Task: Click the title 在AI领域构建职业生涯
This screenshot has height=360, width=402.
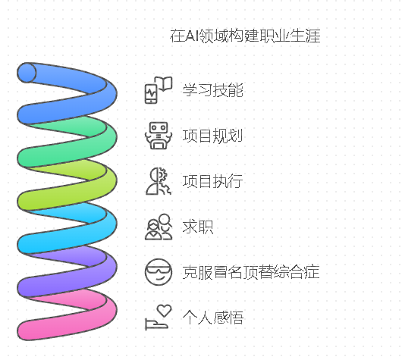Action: (x=245, y=36)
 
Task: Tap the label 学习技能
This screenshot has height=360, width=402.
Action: (x=213, y=90)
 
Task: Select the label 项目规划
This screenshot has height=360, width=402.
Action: (x=212, y=136)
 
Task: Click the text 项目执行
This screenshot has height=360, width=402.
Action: (x=212, y=181)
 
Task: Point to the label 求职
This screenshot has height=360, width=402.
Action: (x=198, y=227)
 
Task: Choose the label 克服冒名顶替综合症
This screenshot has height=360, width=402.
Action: (x=251, y=272)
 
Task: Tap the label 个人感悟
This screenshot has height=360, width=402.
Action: (x=213, y=318)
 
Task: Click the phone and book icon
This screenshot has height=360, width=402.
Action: (x=159, y=90)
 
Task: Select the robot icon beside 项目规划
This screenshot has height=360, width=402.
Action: (x=159, y=136)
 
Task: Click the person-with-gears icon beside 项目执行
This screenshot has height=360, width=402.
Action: (x=159, y=181)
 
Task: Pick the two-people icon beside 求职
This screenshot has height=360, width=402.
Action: (x=159, y=227)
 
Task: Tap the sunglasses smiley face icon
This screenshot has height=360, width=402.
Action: (x=159, y=272)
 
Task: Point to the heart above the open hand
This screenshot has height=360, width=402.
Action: (x=164, y=310)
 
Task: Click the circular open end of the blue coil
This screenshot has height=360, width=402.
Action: (x=27, y=73)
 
